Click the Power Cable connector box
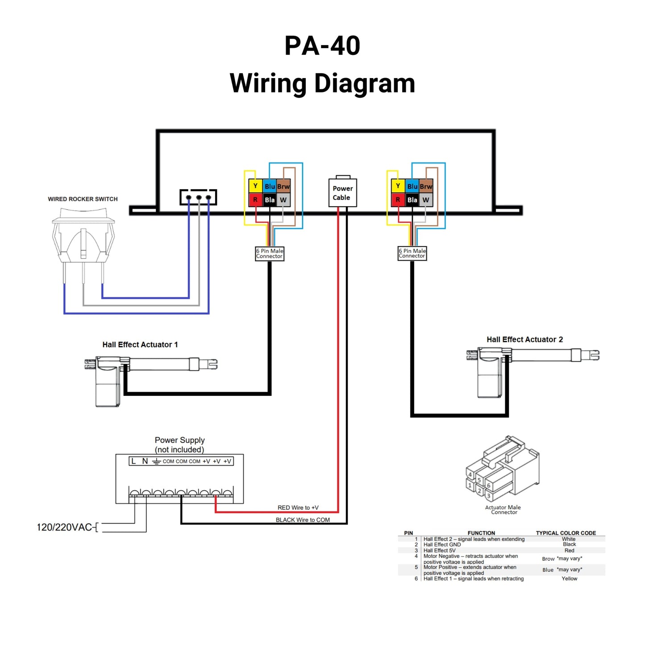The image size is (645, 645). (x=342, y=193)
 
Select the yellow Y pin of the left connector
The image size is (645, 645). (x=255, y=186)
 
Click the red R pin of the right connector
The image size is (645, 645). (x=398, y=200)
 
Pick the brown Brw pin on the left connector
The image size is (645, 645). (x=283, y=186)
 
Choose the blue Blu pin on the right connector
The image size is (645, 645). (x=412, y=186)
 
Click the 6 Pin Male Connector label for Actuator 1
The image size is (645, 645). (x=270, y=254)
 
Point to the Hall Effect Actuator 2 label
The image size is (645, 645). (x=524, y=339)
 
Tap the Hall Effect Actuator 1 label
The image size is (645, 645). (x=140, y=345)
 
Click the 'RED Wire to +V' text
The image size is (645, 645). (x=298, y=508)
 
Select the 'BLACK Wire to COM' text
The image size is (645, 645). (x=303, y=520)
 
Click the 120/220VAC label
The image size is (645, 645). (x=64, y=527)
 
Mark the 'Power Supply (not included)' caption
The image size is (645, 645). (x=179, y=445)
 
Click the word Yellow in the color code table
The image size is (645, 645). (x=569, y=578)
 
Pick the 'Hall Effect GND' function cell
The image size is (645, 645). (x=442, y=545)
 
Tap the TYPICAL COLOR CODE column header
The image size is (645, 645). (x=566, y=533)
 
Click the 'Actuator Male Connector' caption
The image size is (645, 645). (x=503, y=510)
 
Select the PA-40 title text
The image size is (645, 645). (x=322, y=46)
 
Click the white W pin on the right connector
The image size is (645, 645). (x=426, y=200)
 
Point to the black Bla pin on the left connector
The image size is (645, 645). (x=270, y=200)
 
